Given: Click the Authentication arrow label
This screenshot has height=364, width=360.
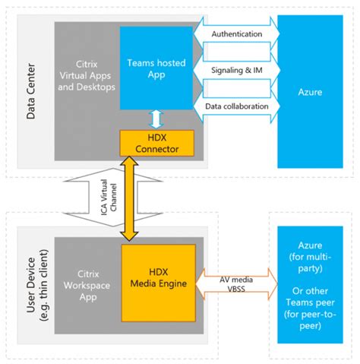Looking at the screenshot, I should pyautogui.click(x=235, y=34).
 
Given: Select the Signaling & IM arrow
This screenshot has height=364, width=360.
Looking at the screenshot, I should pyautogui.click(x=235, y=71).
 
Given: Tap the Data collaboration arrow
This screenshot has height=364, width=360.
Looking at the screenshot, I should pyautogui.click(x=236, y=106).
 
